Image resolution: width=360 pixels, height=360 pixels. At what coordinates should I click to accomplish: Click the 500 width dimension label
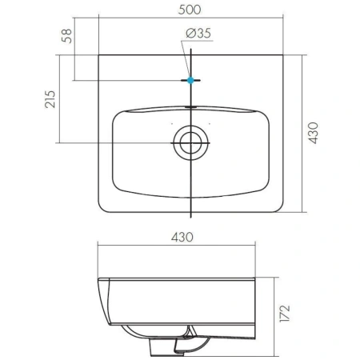tap(190, 10)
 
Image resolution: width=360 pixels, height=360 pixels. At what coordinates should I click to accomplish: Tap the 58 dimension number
tap(66, 36)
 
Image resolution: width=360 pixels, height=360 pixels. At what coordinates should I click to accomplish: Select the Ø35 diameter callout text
tap(198, 33)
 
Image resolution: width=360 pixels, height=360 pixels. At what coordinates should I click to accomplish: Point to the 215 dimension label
tap(50, 99)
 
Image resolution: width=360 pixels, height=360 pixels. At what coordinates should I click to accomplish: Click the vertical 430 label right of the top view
tap(313, 133)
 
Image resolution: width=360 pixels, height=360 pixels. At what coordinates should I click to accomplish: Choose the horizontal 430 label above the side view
tap(182, 237)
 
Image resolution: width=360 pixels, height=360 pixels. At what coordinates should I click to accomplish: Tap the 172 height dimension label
tap(285, 314)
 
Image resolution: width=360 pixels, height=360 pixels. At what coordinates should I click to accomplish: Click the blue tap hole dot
tap(190, 80)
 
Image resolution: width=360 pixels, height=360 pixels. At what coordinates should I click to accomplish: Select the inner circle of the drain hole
tap(190, 143)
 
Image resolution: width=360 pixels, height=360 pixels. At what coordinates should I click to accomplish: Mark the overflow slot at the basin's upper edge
tap(190, 107)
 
